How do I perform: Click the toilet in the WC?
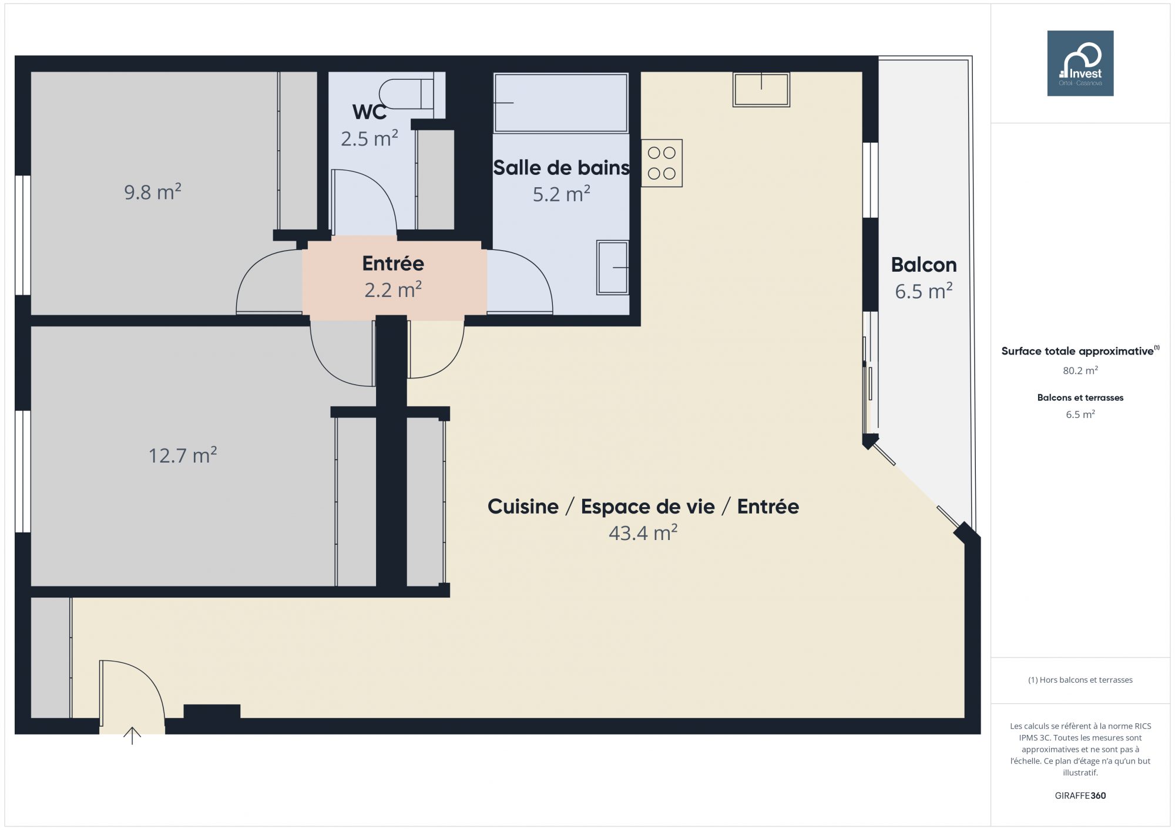tap(407, 93)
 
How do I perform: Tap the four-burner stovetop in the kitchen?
tap(662, 163)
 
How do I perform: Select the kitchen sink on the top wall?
tap(761, 89)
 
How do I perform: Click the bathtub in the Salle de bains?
tap(561, 103)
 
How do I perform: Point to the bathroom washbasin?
tap(613, 267)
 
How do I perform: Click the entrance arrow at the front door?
tap(132, 735)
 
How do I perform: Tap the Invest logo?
tap(1080, 63)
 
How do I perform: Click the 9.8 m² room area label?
tap(153, 192)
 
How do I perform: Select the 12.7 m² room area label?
tap(183, 455)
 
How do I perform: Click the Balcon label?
tap(924, 265)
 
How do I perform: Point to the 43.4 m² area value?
tap(643, 533)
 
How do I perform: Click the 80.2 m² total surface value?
tap(1080, 370)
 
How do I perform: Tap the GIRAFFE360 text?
tap(1080, 796)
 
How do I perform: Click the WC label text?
tap(370, 112)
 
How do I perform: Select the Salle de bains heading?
tap(562, 168)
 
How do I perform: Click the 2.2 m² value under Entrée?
tap(393, 290)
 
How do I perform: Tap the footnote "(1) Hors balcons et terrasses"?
tap(1080, 680)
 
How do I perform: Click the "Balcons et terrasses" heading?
tap(1080, 397)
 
